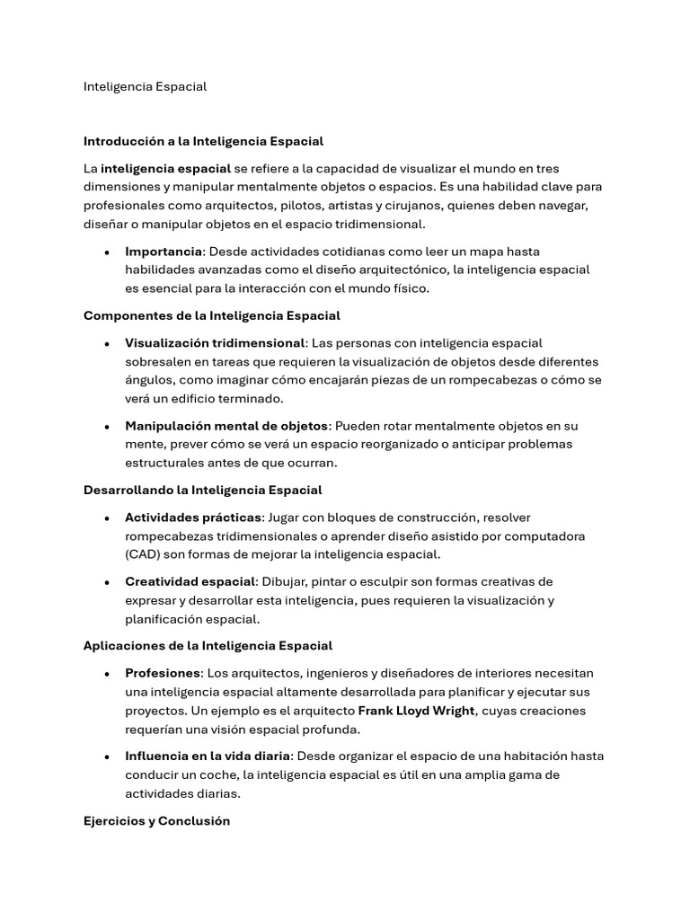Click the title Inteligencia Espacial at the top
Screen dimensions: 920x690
point(145,87)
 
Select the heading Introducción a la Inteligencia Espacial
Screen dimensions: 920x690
point(203,141)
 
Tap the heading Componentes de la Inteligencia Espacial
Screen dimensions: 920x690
point(211,315)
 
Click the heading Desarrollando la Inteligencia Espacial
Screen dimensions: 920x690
point(202,490)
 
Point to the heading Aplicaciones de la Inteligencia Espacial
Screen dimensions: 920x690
point(208,646)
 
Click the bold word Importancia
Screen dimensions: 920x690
point(164,252)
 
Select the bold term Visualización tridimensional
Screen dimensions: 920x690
point(215,343)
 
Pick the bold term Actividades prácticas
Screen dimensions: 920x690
point(193,517)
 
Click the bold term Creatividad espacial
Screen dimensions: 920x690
point(190,581)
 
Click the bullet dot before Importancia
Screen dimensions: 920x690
point(107,252)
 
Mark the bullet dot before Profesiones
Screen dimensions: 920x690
point(107,674)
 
